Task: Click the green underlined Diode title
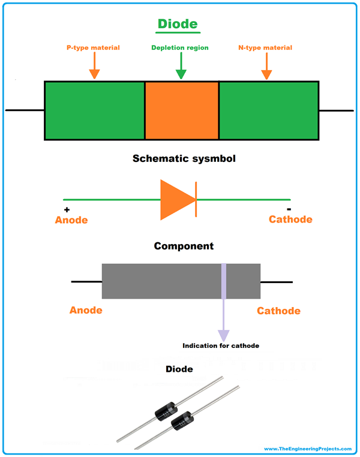[x=178, y=24]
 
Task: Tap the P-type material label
[x=93, y=48]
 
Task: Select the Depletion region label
[x=180, y=48]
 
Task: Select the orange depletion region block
[x=182, y=111]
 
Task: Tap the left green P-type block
[x=94, y=111]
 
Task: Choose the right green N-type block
[x=269, y=111]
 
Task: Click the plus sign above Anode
[x=67, y=210]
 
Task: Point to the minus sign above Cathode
[x=289, y=209]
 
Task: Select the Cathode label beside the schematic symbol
[x=290, y=220]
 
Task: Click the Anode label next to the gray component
[x=86, y=311]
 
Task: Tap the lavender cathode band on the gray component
[x=223, y=281]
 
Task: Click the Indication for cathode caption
[x=221, y=346]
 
